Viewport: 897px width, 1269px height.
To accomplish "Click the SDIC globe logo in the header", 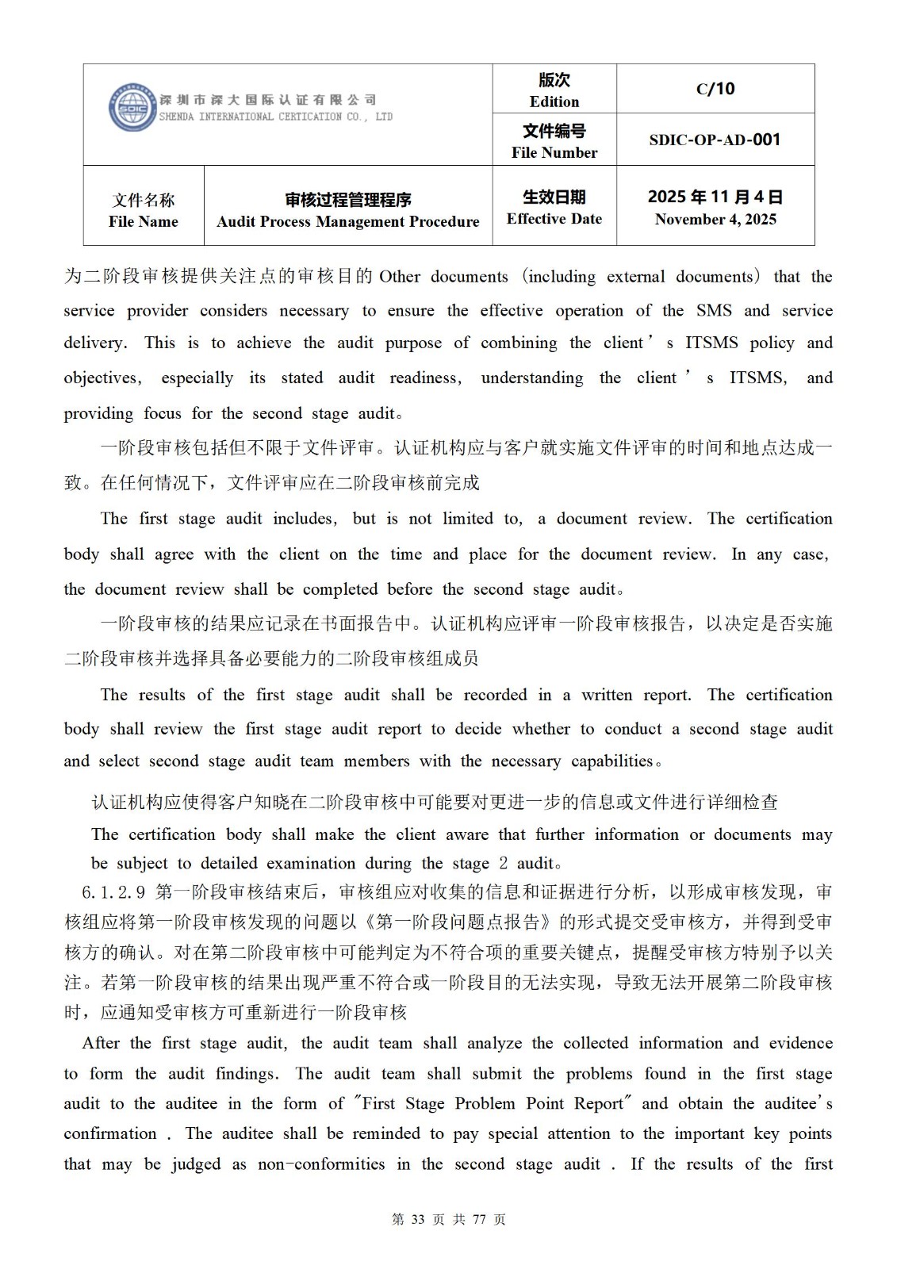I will pos(131,108).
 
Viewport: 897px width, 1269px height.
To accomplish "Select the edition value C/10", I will pos(715,89).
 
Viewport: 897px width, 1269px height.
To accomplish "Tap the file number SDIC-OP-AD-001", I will pos(715,140).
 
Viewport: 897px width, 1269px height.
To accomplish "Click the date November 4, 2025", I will pos(715,219).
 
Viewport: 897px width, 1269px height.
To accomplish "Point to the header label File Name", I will pos(144,221).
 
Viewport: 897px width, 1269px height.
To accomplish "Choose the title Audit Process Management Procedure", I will pos(348,221).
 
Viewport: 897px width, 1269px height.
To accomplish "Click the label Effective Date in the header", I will pos(554,219).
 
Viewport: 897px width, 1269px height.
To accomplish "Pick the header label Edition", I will pos(554,102).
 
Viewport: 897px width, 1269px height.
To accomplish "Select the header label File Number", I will pos(554,152).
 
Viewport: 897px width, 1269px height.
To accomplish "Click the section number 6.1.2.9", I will pos(113,892).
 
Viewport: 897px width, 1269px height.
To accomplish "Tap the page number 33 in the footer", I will pos(420,1219).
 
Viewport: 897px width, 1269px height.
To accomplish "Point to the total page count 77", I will pos(478,1219).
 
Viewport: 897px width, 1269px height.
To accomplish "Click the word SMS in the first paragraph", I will pos(714,310).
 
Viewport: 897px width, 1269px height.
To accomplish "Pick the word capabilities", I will pos(611,761).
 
